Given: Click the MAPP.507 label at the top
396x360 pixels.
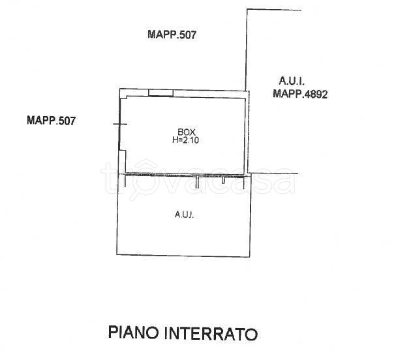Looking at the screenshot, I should pos(172,36).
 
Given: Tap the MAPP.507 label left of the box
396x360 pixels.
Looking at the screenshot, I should pos(52,120).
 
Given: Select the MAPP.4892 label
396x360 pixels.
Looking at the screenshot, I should pos(299,94).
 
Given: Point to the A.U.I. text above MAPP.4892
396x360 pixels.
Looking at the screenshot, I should pos(291,82).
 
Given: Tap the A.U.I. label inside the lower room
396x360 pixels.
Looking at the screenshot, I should pos(184,215).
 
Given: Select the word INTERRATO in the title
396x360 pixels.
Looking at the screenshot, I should pos(212,335).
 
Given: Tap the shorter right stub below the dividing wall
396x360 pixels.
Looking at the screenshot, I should pos(223,179).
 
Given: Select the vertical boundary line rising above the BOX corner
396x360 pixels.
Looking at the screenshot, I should pos(246,49).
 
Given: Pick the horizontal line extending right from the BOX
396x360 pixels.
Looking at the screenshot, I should pos(274,173).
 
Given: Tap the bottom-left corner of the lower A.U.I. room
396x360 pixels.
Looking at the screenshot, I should pos(117,254).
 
